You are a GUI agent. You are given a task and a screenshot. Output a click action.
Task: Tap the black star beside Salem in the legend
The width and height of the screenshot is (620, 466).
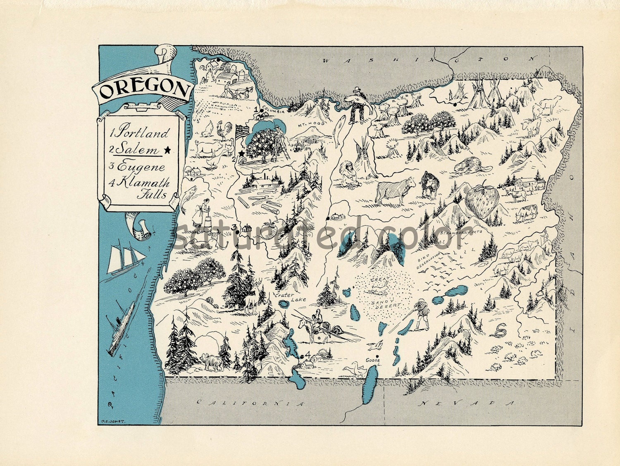coord(167,150)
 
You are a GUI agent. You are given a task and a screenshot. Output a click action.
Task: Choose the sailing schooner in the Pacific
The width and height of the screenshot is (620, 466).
coord(124,258)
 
